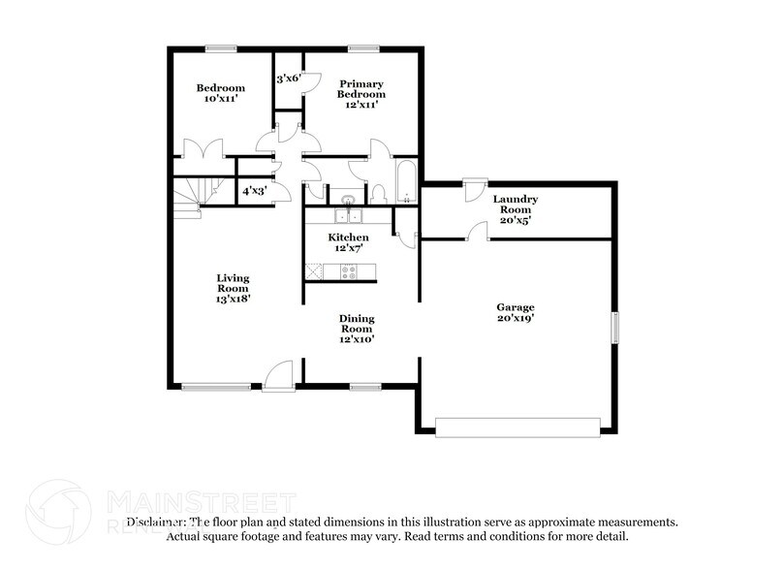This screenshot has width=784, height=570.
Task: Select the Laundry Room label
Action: [515, 205]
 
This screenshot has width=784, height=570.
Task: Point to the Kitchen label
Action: [348, 237]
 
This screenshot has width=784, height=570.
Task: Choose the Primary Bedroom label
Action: [361, 88]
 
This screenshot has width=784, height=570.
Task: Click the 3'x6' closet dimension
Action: [288, 79]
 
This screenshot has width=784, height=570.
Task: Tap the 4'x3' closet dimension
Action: [254, 191]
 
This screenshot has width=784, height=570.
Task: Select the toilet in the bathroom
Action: [380, 192]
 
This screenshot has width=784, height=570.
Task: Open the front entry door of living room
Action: [279, 376]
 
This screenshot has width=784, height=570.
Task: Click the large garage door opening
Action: [517, 426]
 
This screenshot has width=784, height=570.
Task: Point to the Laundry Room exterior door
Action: [474, 189]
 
